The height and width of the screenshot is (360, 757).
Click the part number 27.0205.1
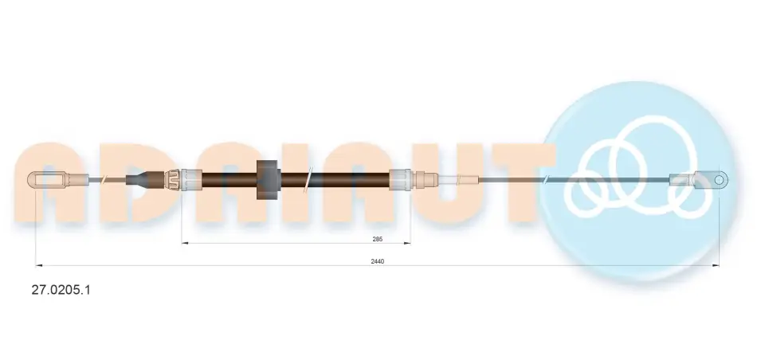pyautogui.click(x=61, y=290)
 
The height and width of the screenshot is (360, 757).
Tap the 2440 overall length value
pyautogui.click(x=378, y=261)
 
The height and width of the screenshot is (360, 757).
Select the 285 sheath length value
pyautogui.click(x=377, y=239)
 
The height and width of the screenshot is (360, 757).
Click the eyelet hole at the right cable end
pyautogui.click(x=719, y=180)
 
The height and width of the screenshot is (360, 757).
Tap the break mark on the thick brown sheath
pyautogui.click(x=309, y=179)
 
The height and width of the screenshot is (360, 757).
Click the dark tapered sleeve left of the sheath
pyautogui.click(x=137, y=179)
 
